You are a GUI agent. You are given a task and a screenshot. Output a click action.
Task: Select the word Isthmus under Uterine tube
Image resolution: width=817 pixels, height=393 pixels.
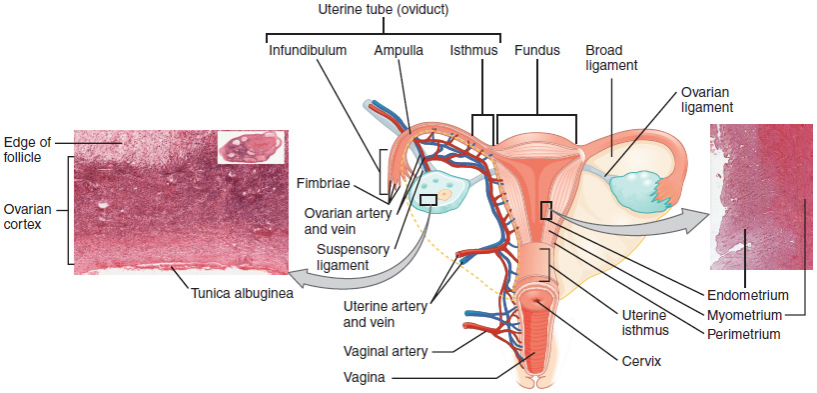pos(471,49)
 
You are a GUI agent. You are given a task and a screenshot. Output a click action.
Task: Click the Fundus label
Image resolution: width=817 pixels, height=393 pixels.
pos(538,49)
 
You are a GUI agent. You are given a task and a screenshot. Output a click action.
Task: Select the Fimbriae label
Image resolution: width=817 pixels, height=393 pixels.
pos(321,183)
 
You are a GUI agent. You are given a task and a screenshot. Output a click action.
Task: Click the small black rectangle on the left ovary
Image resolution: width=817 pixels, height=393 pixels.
pos(427,200)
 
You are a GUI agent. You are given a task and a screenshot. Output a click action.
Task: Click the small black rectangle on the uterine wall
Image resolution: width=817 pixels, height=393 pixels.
pos(546,209)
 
